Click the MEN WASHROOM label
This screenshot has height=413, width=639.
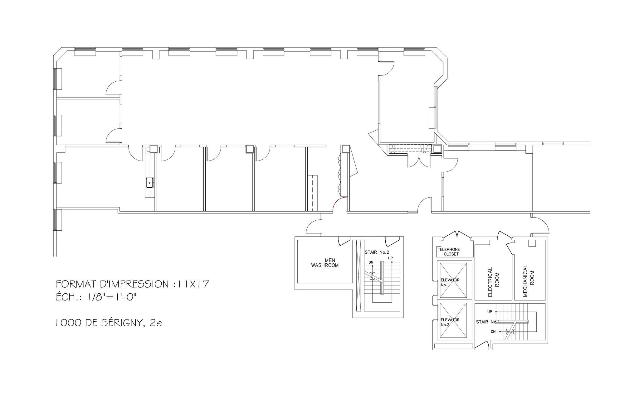[x=325, y=263]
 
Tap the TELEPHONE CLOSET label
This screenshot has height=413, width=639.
[x=449, y=252]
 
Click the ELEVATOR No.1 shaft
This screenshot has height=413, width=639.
[x=453, y=280]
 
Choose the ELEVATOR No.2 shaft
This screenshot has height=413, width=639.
[x=453, y=321]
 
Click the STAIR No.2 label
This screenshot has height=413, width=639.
[x=377, y=252]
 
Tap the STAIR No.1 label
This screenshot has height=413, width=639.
[x=488, y=322]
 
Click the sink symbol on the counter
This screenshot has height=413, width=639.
[x=150, y=182]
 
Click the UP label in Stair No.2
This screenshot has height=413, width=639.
[x=390, y=258]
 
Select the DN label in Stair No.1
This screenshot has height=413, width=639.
[x=493, y=332]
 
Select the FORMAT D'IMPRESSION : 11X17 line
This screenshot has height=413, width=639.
[x=132, y=284]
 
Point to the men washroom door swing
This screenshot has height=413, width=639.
[x=344, y=241]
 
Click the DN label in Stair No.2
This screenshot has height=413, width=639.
[x=371, y=262]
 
